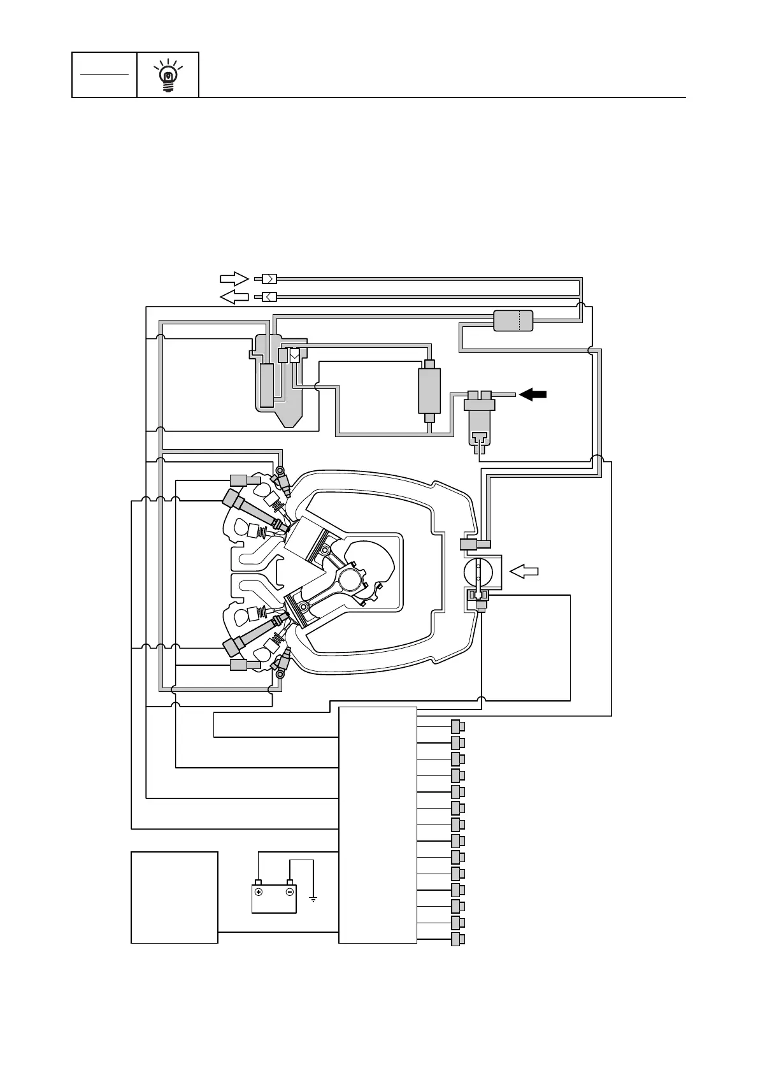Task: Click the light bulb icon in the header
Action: point(168,76)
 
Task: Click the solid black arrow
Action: point(533,394)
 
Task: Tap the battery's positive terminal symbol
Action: point(259,892)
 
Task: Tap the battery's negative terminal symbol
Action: point(289,892)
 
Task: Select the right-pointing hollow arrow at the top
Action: point(233,278)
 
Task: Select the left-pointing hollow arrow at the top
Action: point(233,296)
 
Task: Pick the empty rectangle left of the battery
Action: point(175,897)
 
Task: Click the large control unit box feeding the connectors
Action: point(378,825)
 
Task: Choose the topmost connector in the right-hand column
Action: point(457,726)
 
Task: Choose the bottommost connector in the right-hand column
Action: point(457,939)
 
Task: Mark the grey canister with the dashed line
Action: point(513,320)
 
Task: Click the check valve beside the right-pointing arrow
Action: point(269,278)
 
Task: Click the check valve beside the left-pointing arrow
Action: point(269,296)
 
